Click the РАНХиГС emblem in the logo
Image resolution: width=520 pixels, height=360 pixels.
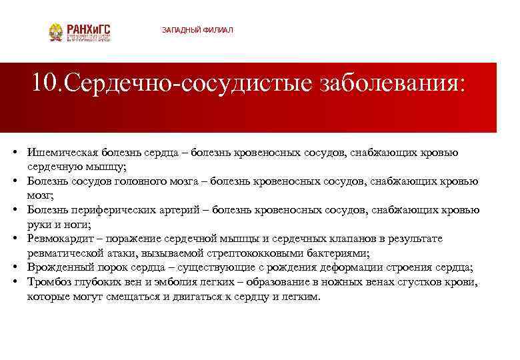[x=56, y=32]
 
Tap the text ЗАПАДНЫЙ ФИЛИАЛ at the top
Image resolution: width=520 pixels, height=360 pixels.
[x=197, y=31]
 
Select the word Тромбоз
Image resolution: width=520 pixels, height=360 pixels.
[x=49, y=283]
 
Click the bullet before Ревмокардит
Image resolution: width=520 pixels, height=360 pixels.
[x=14, y=239]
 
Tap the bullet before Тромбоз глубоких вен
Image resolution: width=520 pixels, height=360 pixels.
[x=14, y=283]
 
